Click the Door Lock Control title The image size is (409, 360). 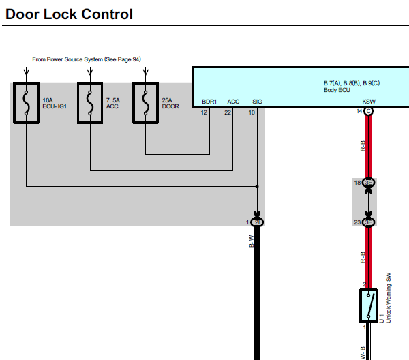point(69,14)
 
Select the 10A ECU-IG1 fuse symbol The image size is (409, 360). point(26,103)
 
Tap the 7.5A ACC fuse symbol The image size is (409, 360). point(90,103)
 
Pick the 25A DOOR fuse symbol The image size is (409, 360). point(146,103)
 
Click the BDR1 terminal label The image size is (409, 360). point(209,102)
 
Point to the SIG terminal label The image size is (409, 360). point(257,102)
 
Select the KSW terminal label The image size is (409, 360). point(369,102)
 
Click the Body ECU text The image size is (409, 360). point(337,90)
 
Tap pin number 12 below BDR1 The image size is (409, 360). point(204,112)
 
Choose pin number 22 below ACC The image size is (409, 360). point(228,112)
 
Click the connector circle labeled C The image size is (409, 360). point(368,111)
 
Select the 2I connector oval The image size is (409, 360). point(257,222)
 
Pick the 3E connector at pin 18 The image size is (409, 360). point(368,183)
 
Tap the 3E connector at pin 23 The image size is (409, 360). point(368,222)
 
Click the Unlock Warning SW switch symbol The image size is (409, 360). point(368,305)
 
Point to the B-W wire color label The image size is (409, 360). point(252,241)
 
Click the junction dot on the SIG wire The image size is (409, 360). point(257,187)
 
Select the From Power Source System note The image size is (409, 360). point(87,59)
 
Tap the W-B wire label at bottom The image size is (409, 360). point(363,352)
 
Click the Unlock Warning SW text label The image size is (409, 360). point(388,298)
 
